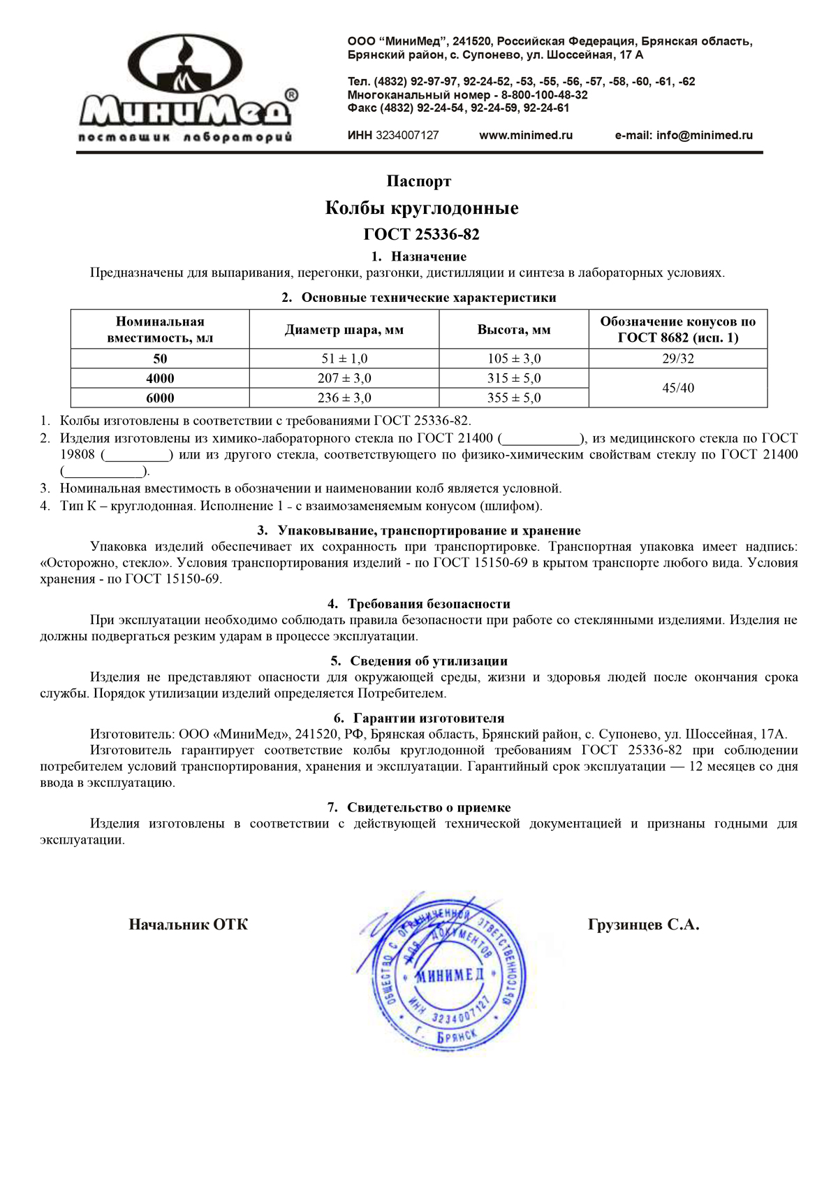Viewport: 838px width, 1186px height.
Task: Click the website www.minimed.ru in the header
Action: pos(525,136)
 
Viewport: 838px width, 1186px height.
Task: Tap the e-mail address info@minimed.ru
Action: pos(704,136)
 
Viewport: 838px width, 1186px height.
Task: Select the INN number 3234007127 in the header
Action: pos(407,136)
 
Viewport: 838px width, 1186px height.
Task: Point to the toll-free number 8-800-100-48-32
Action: pos(544,95)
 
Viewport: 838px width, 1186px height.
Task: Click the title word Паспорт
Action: pos(419,182)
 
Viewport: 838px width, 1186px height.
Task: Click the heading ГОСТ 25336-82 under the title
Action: pos(421,234)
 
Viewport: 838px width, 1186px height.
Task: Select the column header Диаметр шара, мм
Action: pos(344,330)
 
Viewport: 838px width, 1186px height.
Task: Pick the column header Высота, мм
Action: pos(514,330)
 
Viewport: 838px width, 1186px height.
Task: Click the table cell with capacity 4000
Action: pos(160,378)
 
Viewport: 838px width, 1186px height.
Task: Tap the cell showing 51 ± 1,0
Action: pos(344,359)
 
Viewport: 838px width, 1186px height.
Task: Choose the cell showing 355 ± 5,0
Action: pos(514,398)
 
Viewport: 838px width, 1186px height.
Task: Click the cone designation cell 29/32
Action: pos(678,359)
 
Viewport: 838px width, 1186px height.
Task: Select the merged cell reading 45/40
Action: pos(678,388)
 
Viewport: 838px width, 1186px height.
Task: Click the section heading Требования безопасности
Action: pos(429,604)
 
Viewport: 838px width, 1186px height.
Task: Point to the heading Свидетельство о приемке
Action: pos(429,808)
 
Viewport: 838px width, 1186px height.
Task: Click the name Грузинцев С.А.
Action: pos(643,925)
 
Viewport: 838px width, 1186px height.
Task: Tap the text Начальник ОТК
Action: pos(189,925)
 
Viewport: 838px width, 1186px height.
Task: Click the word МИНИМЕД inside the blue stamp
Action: pos(450,976)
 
